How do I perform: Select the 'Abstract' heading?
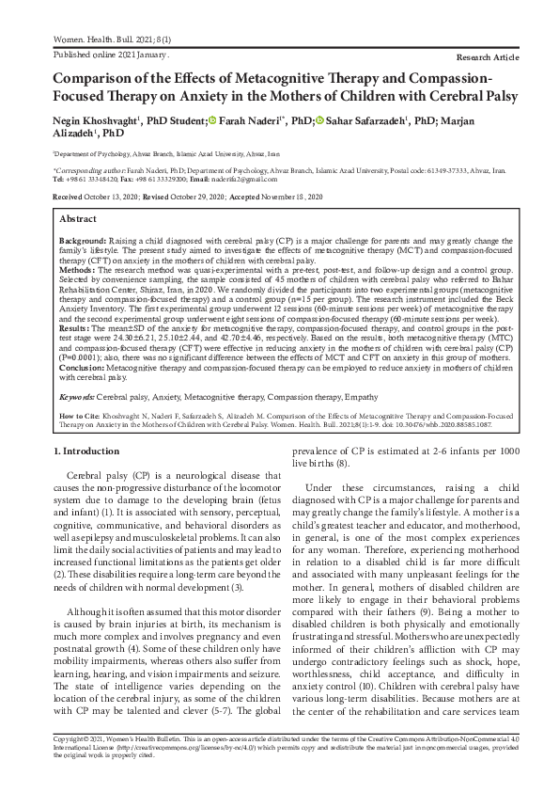pos(78,218)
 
